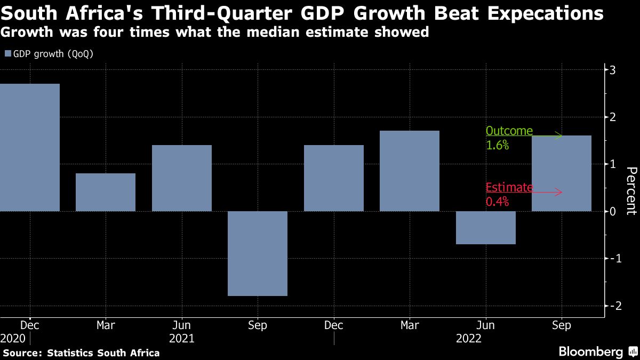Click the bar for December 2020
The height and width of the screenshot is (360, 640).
pos(29,148)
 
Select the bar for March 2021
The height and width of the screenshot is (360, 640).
pos(106,193)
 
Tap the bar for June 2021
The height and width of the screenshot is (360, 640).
pos(182,178)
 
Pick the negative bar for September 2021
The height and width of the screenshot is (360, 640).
pos(258,253)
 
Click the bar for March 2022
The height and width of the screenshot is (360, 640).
pos(410,171)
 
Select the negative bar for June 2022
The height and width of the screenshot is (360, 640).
pos(486,228)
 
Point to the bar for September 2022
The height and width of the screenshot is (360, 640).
pos(562,173)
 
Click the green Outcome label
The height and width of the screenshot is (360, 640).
pos(509,131)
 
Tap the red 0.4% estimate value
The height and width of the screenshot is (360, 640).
pos(497,202)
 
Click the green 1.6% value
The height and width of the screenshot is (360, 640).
pos(497,145)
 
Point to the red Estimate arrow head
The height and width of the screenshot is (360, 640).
pos(559,192)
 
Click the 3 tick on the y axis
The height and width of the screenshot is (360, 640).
pos(613,70)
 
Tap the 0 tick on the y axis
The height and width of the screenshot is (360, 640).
pos(613,211)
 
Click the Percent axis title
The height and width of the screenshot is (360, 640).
pos(631,191)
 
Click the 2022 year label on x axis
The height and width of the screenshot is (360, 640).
pos(469,339)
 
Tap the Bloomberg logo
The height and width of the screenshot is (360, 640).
pos(590,351)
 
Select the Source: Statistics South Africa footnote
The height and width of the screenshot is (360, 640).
pos(81,353)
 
